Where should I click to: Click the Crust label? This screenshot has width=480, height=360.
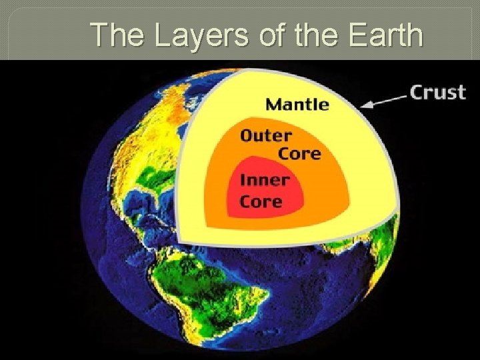click(437, 91)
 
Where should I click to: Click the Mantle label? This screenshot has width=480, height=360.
click(297, 104)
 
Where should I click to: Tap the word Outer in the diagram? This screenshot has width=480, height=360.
click(265, 135)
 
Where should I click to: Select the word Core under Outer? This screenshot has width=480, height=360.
click(299, 153)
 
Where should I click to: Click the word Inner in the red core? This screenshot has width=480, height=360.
click(265, 180)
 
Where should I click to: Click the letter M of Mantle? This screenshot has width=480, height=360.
click(273, 104)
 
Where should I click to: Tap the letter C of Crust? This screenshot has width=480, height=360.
click(417, 91)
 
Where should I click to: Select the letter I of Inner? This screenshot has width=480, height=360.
click(243, 180)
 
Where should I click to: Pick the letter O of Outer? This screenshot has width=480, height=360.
click(247, 135)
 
